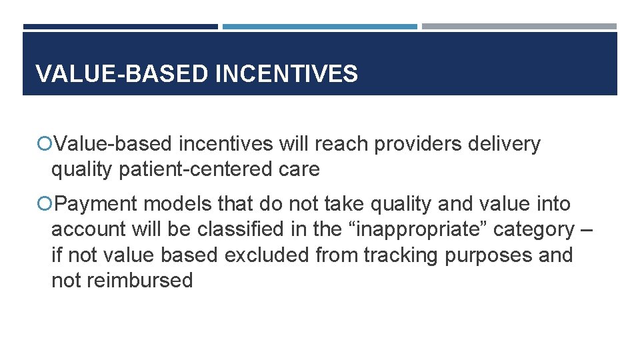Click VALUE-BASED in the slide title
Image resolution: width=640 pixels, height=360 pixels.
[x=121, y=74]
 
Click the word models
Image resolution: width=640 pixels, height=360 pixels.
[x=177, y=203]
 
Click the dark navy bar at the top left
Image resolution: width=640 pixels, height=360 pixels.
[x=120, y=27]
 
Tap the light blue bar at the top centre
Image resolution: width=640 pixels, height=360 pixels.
[x=319, y=27]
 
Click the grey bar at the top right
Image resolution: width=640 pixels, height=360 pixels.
[x=519, y=27]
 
